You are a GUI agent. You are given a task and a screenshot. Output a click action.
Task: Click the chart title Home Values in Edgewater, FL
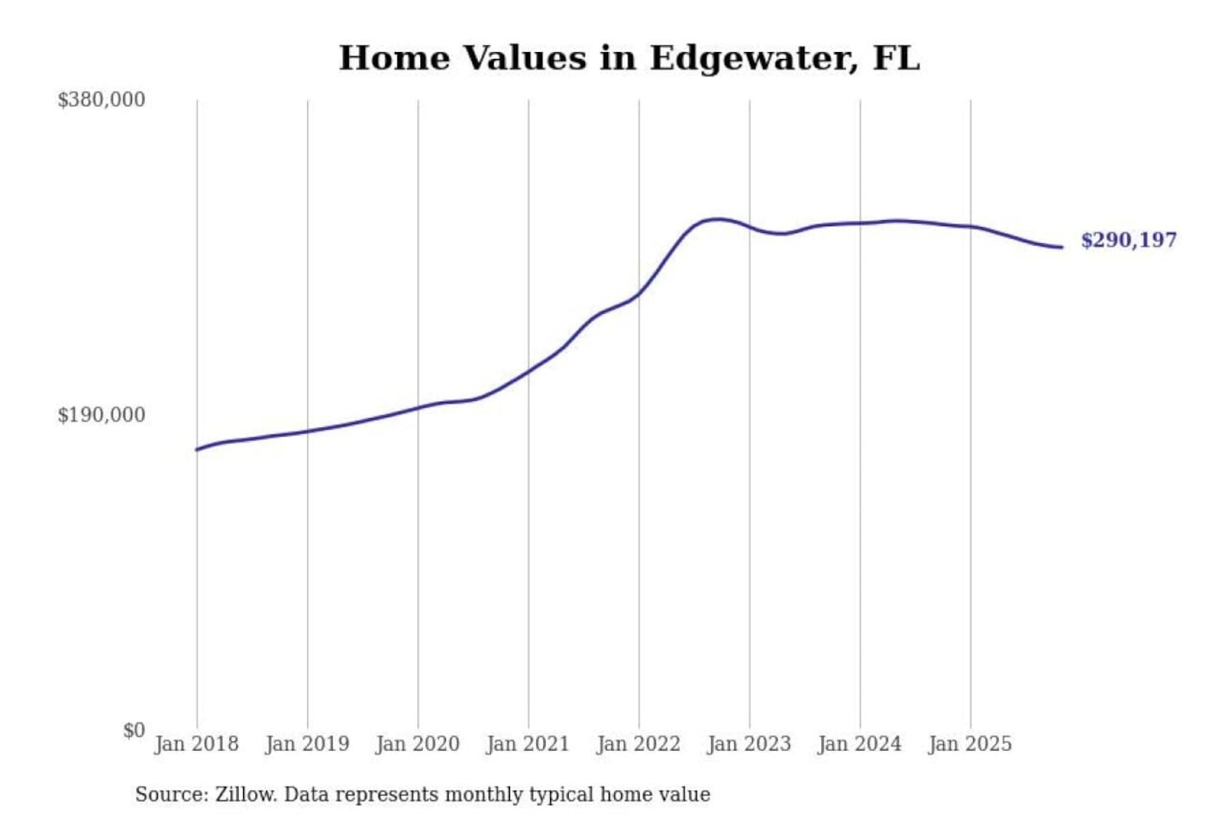(x=629, y=58)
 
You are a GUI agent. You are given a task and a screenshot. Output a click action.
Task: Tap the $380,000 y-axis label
(x=101, y=100)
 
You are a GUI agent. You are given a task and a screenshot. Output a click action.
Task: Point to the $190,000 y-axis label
(x=101, y=415)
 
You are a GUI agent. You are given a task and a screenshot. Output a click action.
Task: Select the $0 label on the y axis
(x=134, y=730)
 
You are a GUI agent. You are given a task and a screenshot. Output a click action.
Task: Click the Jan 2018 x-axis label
(x=196, y=744)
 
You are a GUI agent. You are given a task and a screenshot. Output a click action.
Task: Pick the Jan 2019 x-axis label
(x=307, y=744)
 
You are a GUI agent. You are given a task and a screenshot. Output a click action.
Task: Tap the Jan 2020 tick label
(x=417, y=744)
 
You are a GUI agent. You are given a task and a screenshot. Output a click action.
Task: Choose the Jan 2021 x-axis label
(x=528, y=744)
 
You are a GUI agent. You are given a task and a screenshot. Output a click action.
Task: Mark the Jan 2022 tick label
(x=639, y=744)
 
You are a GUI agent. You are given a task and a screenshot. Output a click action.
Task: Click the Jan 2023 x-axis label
(x=749, y=744)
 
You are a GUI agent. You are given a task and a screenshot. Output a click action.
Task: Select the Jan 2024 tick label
(x=860, y=744)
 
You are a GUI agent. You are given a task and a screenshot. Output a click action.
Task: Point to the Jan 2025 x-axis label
(x=970, y=744)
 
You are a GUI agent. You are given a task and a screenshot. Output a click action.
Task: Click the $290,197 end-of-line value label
(x=1128, y=240)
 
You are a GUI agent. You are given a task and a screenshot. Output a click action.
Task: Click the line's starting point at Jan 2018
(x=197, y=450)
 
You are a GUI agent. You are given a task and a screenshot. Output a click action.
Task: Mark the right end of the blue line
(x=1062, y=247)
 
